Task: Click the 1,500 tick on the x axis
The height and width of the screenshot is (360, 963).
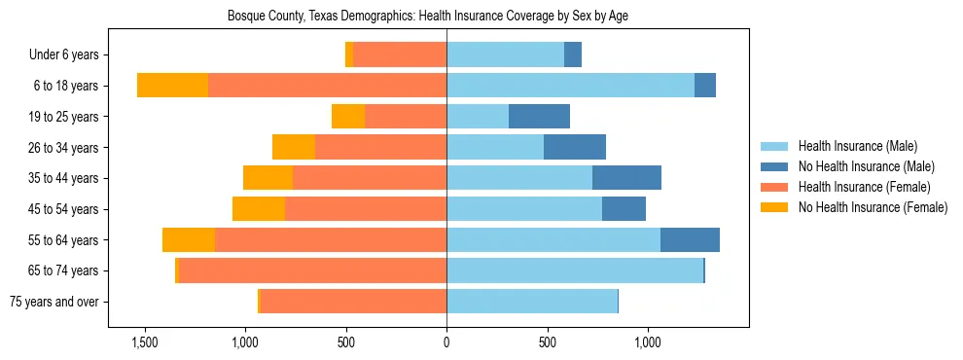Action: pos(144,342)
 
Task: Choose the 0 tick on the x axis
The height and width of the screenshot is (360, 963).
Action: pos(446,342)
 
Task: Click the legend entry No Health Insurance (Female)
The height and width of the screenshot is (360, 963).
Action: pos(872,207)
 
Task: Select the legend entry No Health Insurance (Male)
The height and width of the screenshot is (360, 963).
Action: pos(866,166)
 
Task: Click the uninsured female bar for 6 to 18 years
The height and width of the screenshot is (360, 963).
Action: pos(172,86)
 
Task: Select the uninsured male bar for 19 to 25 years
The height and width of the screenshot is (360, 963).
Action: pos(539,117)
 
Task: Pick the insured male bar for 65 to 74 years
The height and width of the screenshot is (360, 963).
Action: pos(575,270)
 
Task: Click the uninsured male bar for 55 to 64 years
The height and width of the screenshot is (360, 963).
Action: pos(690,240)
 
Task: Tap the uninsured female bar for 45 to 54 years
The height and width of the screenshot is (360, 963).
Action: pos(259,209)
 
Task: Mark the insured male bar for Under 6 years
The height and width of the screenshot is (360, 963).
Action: pos(506,55)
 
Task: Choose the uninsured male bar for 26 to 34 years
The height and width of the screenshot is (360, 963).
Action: pos(575,148)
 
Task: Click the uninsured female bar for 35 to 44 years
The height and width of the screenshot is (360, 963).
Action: pos(267,178)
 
